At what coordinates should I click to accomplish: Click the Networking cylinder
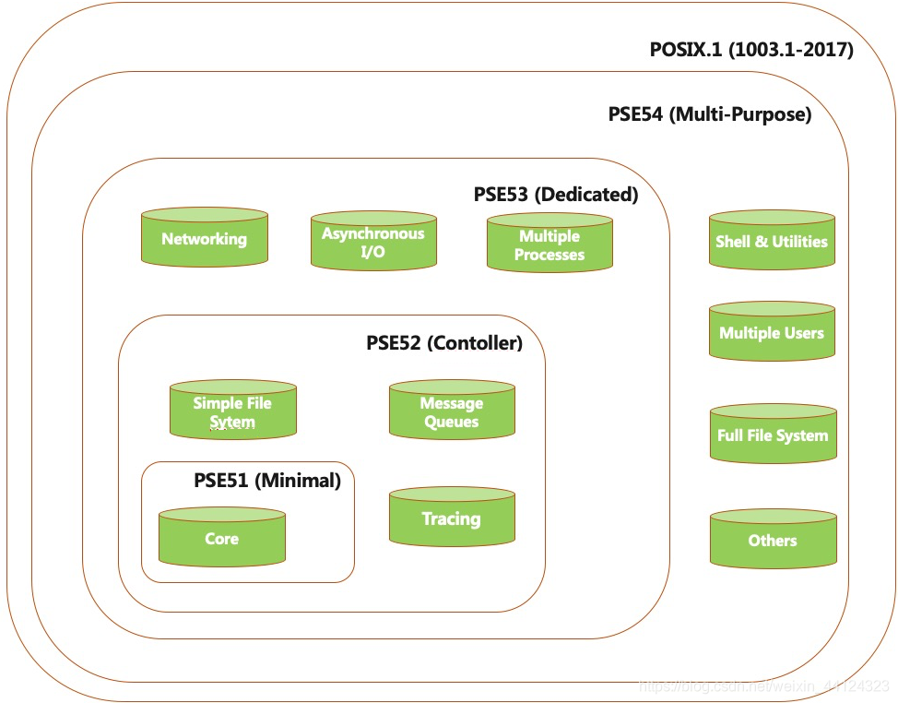click(205, 238)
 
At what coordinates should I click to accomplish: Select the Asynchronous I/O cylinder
click(373, 243)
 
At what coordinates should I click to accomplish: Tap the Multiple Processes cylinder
click(549, 244)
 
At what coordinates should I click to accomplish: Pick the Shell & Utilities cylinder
click(772, 241)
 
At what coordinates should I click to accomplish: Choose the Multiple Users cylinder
click(772, 332)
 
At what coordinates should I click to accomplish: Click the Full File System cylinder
click(773, 435)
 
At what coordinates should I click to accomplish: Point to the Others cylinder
click(773, 540)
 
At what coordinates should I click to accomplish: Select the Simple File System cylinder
click(232, 411)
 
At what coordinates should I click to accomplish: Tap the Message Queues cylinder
click(452, 411)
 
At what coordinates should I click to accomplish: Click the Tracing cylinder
click(452, 518)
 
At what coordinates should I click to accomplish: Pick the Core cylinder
click(221, 538)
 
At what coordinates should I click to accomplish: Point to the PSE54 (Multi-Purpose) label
click(709, 115)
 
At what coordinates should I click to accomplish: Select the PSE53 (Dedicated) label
click(555, 195)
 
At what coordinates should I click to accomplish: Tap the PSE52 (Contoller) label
click(444, 343)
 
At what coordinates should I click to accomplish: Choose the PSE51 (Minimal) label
click(266, 481)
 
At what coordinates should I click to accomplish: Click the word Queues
click(452, 422)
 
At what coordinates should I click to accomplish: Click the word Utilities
click(798, 242)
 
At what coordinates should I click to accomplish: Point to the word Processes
click(549, 255)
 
